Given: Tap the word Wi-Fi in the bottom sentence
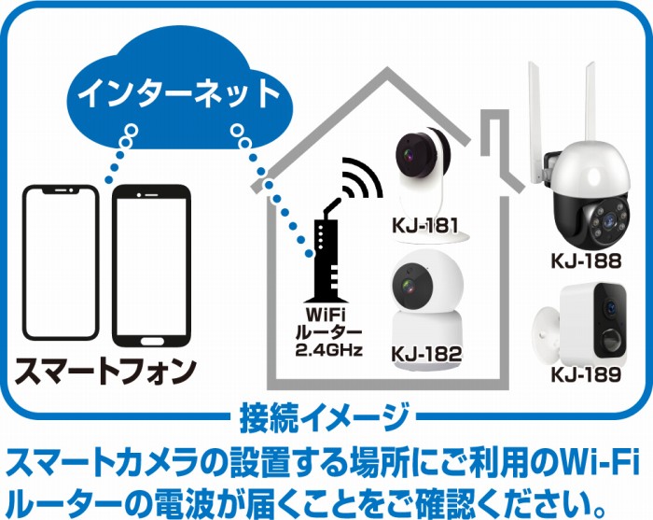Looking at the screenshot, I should tap(589, 460).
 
